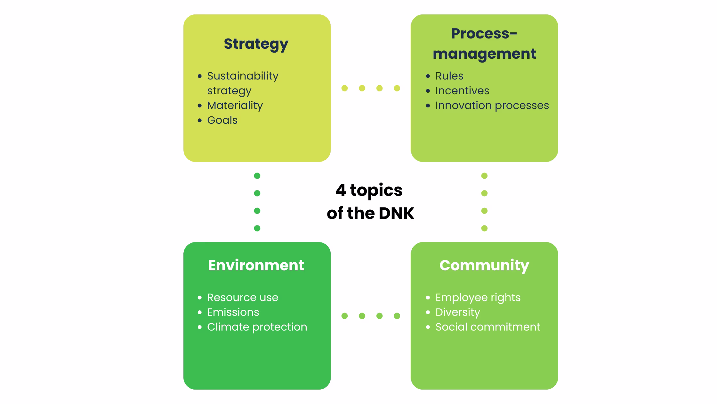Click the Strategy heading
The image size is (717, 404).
256,44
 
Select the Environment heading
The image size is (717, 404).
256,265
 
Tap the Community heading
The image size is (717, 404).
484,265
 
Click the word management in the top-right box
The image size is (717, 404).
484,54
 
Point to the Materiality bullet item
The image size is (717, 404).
235,105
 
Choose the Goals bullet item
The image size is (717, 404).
222,120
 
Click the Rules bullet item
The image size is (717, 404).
449,76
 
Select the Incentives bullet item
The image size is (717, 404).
462,91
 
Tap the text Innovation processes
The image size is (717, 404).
492,105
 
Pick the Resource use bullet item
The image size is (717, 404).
242,298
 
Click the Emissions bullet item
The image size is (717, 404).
233,312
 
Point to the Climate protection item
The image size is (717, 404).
257,327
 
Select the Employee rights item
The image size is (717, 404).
478,298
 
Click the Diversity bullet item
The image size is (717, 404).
457,312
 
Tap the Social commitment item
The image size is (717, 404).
487,327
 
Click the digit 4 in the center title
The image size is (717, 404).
341,190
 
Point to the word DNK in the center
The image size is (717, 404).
396,213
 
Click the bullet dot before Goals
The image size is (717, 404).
200,121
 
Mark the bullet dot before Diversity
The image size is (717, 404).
428,312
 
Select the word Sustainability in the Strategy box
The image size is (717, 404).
243,76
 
